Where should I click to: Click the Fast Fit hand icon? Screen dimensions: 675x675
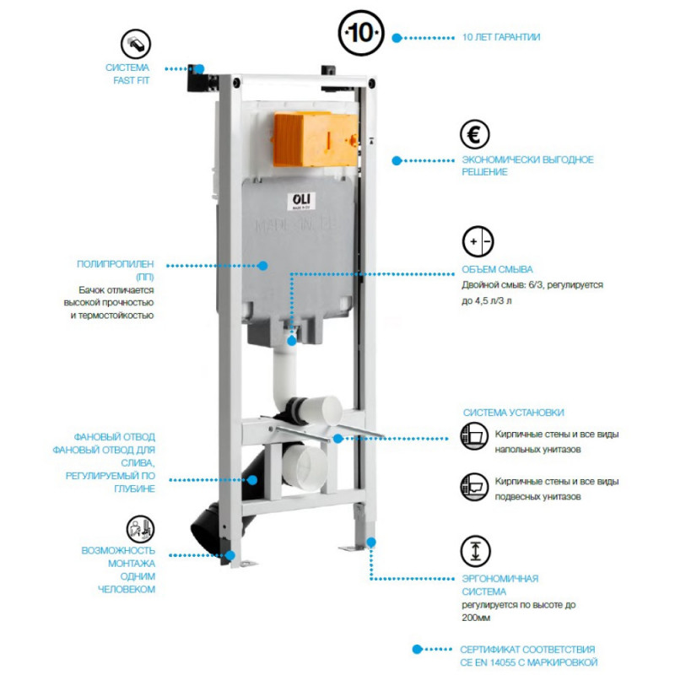pyautogui.click(x=136, y=41)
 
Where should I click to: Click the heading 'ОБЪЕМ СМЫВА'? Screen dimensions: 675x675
pyautogui.click(x=497, y=270)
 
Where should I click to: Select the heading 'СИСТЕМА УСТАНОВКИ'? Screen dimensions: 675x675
pyautogui.click(x=513, y=413)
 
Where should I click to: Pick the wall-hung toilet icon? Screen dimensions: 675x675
pyautogui.click(x=473, y=485)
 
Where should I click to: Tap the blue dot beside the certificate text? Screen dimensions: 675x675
pyautogui.click(x=416, y=650)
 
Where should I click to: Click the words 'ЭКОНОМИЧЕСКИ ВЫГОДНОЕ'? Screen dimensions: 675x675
pyautogui.click(x=527, y=159)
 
